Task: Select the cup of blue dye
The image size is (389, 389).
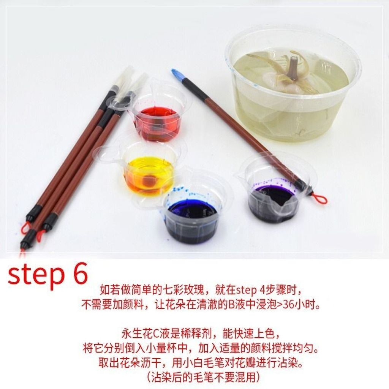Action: pyautogui.click(x=191, y=216)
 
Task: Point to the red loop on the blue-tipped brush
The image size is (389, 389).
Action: pyautogui.click(x=319, y=199)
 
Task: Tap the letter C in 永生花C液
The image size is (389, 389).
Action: pyautogui.click(x=156, y=334)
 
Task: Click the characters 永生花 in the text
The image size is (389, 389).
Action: pyautogui.click(x=137, y=334)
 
